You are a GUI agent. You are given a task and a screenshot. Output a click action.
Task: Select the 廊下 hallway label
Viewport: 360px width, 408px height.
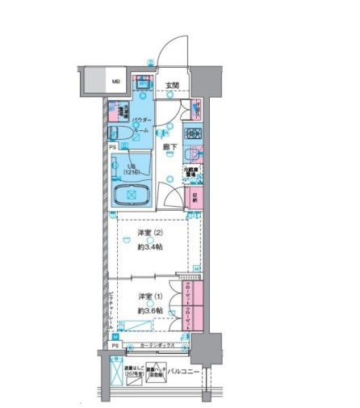[x=170, y=147]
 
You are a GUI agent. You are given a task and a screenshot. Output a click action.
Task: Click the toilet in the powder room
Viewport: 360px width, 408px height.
[x=119, y=133]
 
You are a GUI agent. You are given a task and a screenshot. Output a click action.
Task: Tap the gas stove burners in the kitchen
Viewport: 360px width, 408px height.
[x=193, y=132]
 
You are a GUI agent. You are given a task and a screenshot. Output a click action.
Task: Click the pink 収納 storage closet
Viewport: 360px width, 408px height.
[x=195, y=196]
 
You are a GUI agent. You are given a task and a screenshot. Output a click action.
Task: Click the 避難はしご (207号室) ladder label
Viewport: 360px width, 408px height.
[x=134, y=373]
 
